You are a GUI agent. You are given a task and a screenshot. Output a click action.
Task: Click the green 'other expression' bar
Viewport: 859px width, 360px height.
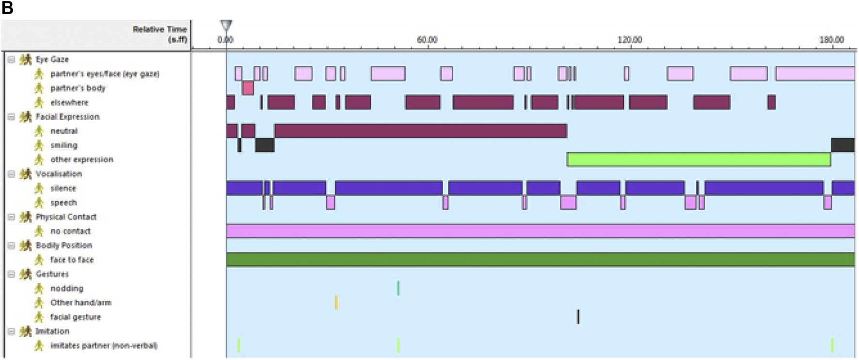[x=698, y=159]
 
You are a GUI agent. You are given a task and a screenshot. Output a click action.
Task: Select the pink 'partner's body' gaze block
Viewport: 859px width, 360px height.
[x=248, y=88]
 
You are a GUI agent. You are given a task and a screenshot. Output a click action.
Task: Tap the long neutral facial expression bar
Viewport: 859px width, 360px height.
[x=420, y=131]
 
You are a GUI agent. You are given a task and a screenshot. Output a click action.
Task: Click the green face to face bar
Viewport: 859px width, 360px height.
[x=540, y=260]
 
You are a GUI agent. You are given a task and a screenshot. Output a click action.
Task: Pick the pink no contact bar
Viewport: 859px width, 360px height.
[x=540, y=231]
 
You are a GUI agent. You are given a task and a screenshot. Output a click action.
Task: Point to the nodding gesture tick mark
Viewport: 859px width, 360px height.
[x=398, y=288]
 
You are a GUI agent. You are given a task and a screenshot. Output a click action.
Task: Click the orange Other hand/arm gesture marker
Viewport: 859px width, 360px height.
[x=336, y=302]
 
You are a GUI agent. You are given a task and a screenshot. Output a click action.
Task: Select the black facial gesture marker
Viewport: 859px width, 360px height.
[x=578, y=317]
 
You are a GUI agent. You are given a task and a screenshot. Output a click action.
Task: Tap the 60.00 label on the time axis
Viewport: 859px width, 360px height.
[x=427, y=40]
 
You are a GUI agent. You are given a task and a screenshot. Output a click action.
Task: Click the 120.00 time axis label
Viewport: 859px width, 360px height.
[x=630, y=40]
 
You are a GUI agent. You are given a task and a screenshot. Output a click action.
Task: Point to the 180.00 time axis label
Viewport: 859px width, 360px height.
[x=831, y=40]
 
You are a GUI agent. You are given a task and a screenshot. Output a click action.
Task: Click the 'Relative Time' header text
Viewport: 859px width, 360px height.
[x=160, y=30]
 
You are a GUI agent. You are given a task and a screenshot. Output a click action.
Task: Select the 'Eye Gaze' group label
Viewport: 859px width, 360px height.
[x=52, y=60]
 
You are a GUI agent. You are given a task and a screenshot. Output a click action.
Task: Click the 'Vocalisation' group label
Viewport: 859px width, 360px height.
[x=59, y=174]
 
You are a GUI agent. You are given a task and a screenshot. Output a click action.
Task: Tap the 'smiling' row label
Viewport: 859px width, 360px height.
[x=64, y=145]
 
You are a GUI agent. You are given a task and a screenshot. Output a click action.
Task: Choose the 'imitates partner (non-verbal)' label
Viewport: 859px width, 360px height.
[x=104, y=345]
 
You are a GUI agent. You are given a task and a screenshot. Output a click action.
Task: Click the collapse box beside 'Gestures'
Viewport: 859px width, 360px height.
[x=12, y=274]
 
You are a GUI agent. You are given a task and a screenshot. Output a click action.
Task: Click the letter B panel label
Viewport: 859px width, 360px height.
[x=7, y=8]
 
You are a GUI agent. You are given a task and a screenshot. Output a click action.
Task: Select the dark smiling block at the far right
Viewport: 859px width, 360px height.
[x=843, y=145]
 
